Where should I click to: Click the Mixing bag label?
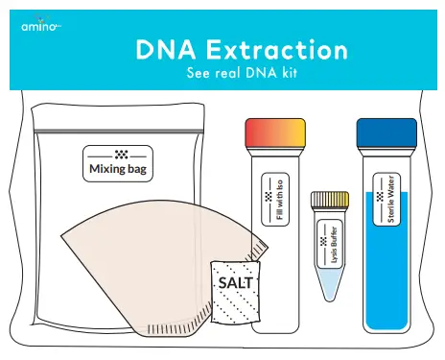[119, 165]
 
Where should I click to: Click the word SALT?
[234, 284]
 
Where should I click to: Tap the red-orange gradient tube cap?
[275, 132]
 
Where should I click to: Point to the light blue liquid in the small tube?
[329, 281]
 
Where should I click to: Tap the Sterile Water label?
[387, 197]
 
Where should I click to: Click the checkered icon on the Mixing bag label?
[119, 155]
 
